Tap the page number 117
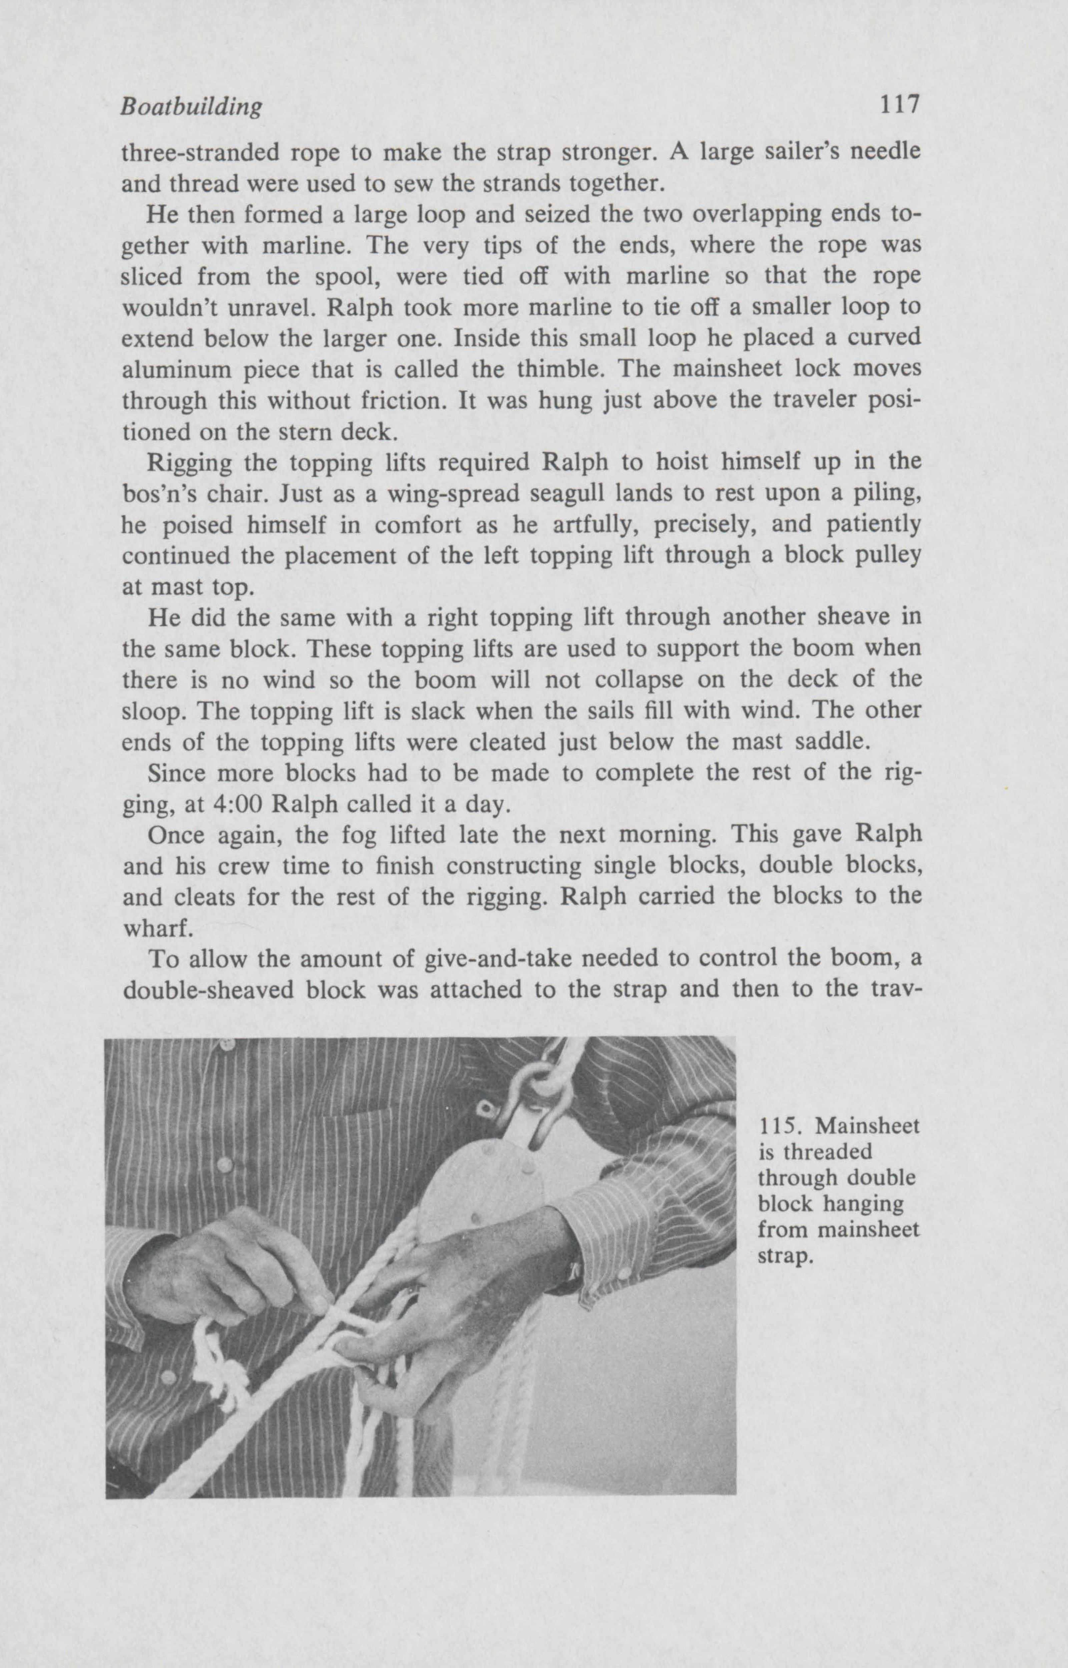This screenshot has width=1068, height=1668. [x=899, y=105]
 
